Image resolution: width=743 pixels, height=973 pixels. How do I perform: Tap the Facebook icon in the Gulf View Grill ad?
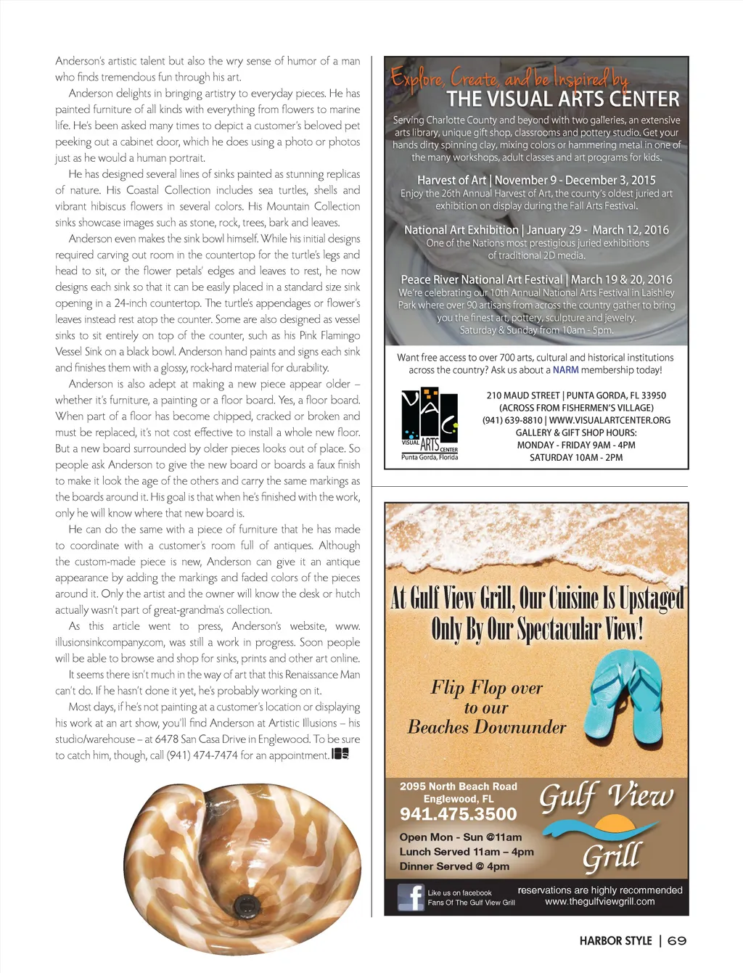click(411, 897)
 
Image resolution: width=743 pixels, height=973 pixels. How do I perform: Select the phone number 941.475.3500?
click(458, 814)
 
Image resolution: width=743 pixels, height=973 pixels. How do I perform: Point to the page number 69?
click(677, 940)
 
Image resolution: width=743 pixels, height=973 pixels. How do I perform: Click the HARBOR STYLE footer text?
click(615, 940)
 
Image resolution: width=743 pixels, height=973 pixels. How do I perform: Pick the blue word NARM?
click(565, 370)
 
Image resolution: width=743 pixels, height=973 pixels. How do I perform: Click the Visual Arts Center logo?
click(430, 424)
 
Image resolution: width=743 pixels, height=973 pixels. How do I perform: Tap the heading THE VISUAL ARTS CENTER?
click(562, 99)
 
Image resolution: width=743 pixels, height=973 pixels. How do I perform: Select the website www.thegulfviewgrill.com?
click(599, 902)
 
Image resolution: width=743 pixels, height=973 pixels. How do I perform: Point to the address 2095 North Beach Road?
click(458, 787)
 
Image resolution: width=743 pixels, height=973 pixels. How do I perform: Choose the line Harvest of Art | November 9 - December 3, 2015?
click(536, 180)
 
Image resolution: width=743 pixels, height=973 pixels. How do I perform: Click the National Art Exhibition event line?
click(536, 230)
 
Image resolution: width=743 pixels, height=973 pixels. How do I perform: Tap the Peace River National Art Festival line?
click(536, 279)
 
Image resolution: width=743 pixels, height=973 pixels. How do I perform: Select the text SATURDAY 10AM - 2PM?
click(575, 457)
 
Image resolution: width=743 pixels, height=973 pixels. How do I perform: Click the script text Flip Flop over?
click(486, 687)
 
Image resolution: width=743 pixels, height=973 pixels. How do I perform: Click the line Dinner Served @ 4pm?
click(454, 866)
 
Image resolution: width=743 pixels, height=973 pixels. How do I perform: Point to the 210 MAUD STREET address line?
click(575, 395)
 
